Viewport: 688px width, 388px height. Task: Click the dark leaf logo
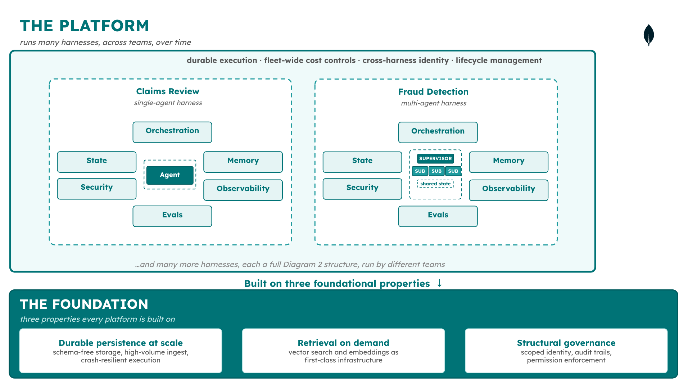click(x=648, y=35)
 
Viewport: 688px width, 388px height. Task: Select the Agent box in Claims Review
click(x=170, y=175)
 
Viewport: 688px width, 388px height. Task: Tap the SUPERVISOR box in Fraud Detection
click(x=435, y=159)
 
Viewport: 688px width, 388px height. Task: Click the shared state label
click(x=435, y=184)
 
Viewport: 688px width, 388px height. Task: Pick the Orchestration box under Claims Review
click(x=172, y=132)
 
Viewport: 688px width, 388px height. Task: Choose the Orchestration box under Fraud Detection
click(x=438, y=132)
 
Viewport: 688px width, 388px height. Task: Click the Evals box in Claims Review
click(x=172, y=216)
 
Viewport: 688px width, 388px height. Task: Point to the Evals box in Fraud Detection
click(x=438, y=216)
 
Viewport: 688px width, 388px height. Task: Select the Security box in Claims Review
click(x=96, y=189)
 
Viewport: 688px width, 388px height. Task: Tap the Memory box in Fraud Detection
click(x=508, y=162)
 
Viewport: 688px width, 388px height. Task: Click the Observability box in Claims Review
click(x=243, y=190)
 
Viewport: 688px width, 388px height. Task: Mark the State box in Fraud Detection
click(x=362, y=162)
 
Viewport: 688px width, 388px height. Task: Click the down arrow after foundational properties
click(x=439, y=283)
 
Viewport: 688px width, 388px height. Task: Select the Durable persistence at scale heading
click(x=121, y=343)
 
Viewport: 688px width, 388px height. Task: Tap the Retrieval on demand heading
click(x=343, y=343)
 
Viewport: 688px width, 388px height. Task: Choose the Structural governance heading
click(x=566, y=343)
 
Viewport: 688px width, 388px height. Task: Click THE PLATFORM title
click(x=85, y=26)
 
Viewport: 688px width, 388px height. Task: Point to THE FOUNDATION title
click(x=84, y=304)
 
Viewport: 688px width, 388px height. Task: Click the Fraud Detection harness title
click(x=433, y=92)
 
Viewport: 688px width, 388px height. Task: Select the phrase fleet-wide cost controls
click(x=310, y=60)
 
